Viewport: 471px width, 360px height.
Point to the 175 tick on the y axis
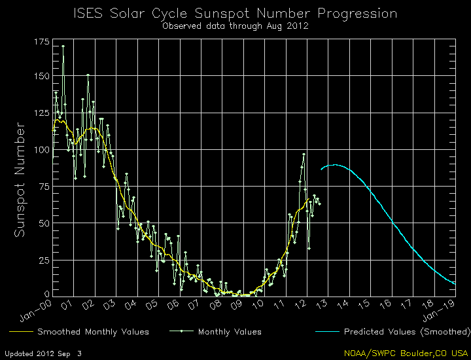point(41,41)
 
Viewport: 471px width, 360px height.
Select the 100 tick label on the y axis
point(41,150)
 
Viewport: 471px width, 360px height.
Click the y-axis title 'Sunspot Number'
point(20,179)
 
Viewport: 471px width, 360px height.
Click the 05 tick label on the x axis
point(152,305)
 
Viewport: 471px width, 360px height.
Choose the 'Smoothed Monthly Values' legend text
point(93,332)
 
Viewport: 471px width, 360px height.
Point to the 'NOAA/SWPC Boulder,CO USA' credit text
point(406,353)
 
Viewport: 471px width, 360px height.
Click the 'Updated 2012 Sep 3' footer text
point(42,353)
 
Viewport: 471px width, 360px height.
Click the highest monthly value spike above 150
point(63,46)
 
